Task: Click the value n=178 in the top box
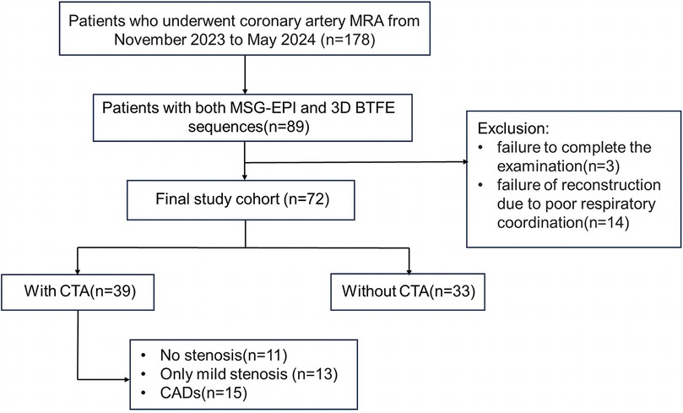click(x=351, y=40)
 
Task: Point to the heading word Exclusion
click(x=513, y=128)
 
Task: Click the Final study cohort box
click(x=241, y=200)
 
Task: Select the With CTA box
click(x=78, y=292)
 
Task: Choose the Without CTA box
click(x=408, y=292)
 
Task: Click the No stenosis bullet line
click(x=214, y=356)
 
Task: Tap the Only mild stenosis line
click(x=239, y=374)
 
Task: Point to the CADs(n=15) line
click(x=194, y=393)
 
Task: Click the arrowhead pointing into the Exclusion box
click(x=465, y=162)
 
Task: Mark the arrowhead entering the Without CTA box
click(x=409, y=270)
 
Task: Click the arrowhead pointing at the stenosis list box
click(x=127, y=379)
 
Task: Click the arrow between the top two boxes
click(x=245, y=75)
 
